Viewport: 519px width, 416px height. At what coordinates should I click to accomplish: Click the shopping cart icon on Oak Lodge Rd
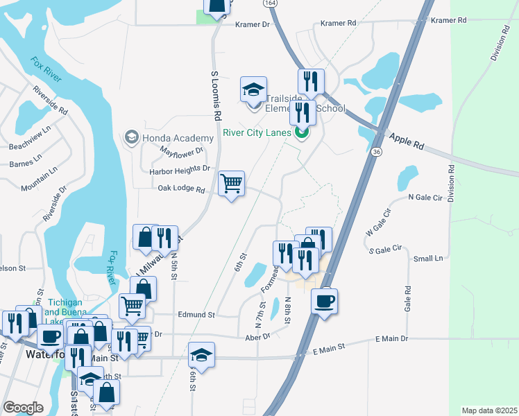(232, 184)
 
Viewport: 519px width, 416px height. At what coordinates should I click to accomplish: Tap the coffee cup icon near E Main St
(325, 301)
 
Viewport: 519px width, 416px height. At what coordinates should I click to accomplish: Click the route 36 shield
(376, 152)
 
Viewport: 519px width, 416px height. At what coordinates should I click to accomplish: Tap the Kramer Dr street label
(252, 24)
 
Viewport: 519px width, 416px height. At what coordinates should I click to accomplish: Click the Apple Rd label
(406, 141)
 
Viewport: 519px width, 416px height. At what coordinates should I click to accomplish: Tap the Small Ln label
(427, 259)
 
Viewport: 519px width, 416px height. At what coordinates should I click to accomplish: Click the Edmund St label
(196, 314)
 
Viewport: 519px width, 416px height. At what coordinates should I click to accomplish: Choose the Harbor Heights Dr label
(180, 169)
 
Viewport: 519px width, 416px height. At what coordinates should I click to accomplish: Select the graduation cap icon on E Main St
(201, 354)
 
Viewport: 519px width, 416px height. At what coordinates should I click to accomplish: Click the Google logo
(24, 408)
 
